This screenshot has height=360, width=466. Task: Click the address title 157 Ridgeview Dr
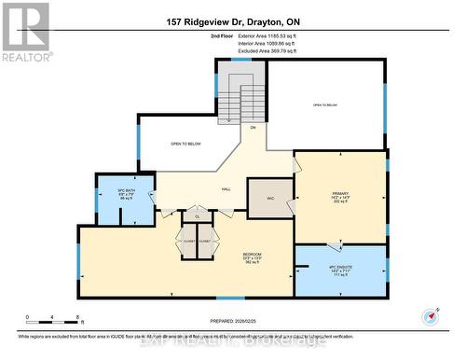pyautogui.click(x=233, y=21)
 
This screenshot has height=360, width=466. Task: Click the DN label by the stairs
pyautogui.click(x=253, y=127)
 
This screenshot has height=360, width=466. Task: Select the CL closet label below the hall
pyautogui.click(x=197, y=216)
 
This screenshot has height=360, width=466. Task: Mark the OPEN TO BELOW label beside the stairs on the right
pyautogui.click(x=325, y=105)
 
